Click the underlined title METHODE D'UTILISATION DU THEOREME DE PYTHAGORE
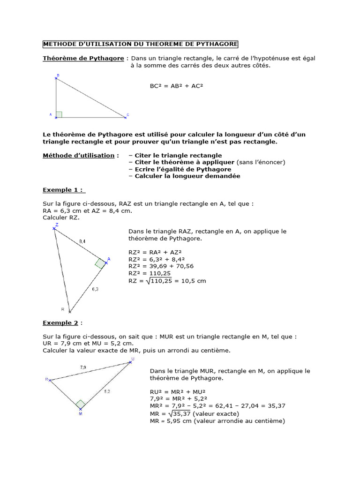[x=140, y=44]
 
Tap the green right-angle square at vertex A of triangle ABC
[x=59, y=114]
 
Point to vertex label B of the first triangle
[x=58, y=75]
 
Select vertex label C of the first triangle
[x=127, y=115]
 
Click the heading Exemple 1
[x=63, y=190]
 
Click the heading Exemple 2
[x=60, y=322]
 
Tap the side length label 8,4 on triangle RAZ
[x=82, y=241]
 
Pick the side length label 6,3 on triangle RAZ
[x=95, y=289]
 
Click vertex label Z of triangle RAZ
[x=57, y=225]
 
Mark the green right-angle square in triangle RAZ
[x=100, y=263]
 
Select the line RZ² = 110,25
[x=150, y=273]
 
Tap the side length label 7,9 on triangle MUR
[x=83, y=367]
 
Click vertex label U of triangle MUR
[x=133, y=359]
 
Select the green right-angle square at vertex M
[x=81, y=404]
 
